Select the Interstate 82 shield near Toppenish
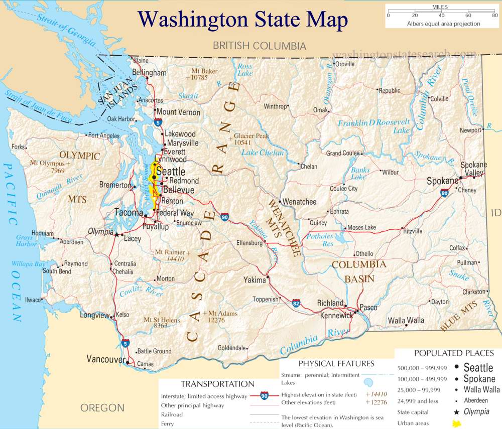[297, 303]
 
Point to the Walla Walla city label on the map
[406, 320]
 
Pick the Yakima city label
[254, 279]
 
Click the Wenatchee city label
[300, 202]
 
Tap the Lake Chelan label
[263, 153]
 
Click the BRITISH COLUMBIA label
[259, 46]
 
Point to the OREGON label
[102, 407]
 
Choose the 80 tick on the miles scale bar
[495, 16]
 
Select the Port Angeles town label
[103, 135]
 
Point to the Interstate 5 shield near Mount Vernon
[158, 121]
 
